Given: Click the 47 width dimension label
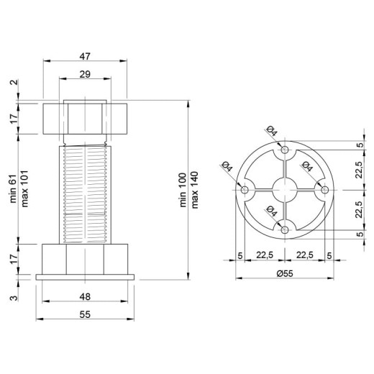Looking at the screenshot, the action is [x=85, y=56].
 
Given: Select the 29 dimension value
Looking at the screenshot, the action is [x=85, y=74].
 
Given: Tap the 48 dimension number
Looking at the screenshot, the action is [x=85, y=297].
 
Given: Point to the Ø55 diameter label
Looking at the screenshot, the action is [x=285, y=273].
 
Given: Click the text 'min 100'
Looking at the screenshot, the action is [x=183, y=190].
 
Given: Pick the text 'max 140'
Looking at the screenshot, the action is [x=195, y=190].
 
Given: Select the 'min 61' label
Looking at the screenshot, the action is [x=13, y=188].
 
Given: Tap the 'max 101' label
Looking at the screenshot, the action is [x=25, y=188].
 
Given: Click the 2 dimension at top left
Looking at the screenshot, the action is [x=14, y=82].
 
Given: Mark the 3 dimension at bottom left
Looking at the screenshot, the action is [x=14, y=298].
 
